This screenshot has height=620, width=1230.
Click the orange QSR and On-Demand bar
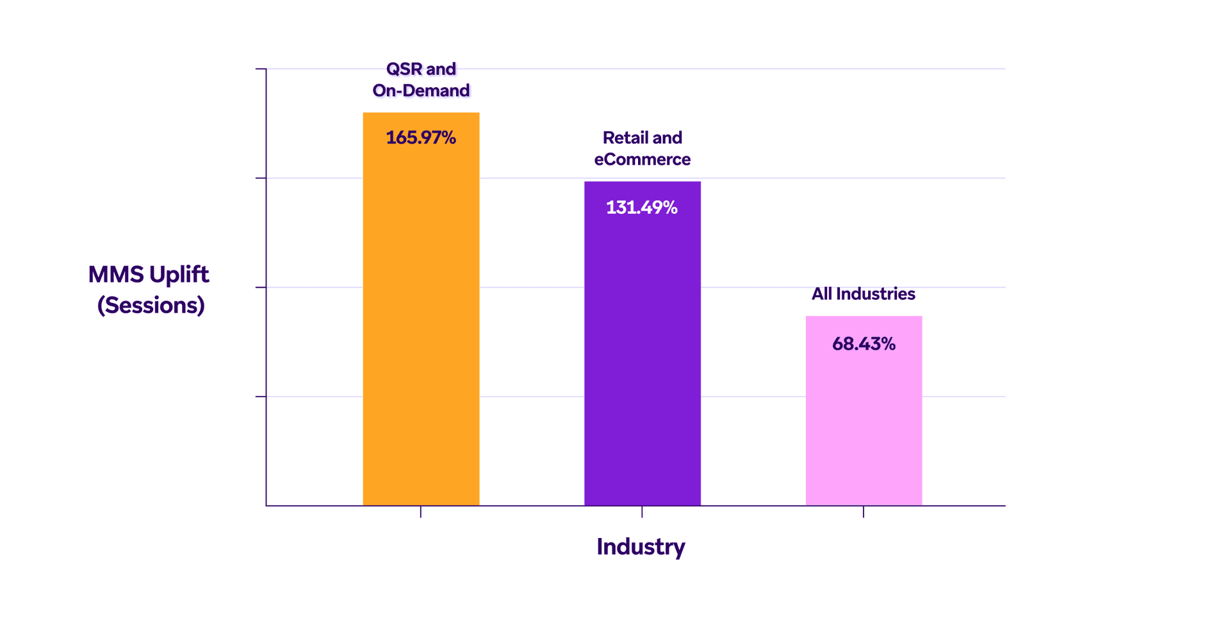pyautogui.click(x=421, y=320)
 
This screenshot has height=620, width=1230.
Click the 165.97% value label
pyautogui.click(x=421, y=138)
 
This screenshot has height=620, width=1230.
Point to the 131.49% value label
pyautogui.click(x=642, y=208)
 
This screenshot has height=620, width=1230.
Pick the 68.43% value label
pyautogui.click(x=864, y=344)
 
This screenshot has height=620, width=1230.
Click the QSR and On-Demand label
pyautogui.click(x=421, y=79)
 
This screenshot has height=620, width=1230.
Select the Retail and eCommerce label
pyautogui.click(x=642, y=149)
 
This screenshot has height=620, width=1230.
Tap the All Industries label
pyautogui.click(x=863, y=294)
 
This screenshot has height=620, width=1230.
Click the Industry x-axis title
pyautogui.click(x=641, y=547)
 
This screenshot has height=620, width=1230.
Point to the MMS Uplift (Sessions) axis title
pyautogui.click(x=149, y=290)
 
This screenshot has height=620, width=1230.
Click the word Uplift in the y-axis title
pyautogui.click(x=179, y=275)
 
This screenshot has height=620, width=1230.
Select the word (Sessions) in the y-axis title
pyautogui.click(x=151, y=306)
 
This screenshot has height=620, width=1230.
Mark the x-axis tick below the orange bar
pyautogui.click(x=421, y=512)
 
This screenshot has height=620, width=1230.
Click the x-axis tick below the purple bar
pyautogui.click(x=642, y=512)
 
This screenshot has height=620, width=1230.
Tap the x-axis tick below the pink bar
pyautogui.click(x=864, y=512)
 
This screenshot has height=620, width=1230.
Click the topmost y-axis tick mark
pyautogui.click(x=261, y=69)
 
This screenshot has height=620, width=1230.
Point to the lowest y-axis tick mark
pyautogui.click(x=261, y=396)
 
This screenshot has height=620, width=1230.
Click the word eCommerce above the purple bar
pyautogui.click(x=642, y=159)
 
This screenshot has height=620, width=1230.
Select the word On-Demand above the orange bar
pyautogui.click(x=421, y=90)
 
